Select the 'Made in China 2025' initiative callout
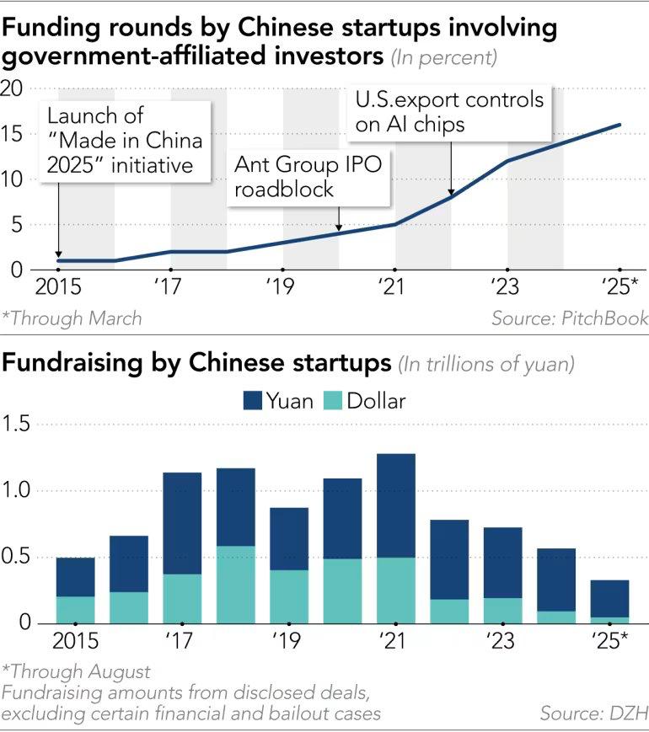[x=126, y=140]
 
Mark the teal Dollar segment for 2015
[x=76, y=610]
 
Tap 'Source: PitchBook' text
[x=570, y=318]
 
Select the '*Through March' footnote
[x=72, y=318]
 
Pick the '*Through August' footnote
[x=76, y=672]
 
